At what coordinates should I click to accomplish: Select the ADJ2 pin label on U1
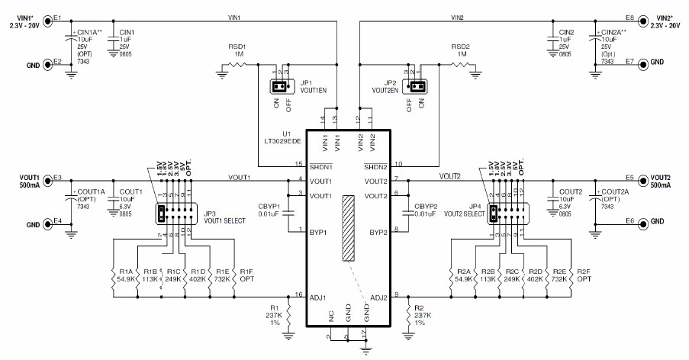378,298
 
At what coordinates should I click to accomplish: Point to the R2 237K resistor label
423,315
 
